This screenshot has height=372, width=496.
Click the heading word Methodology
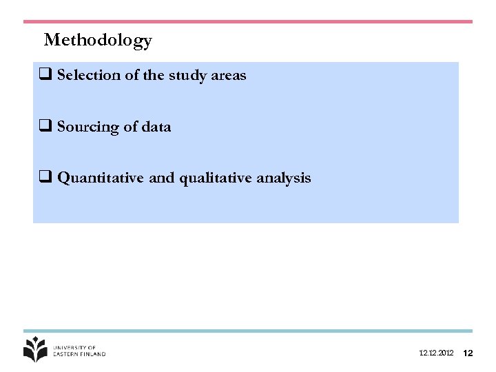[98, 41]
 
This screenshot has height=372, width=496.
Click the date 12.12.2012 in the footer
[436, 353]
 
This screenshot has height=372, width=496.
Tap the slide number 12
[468, 353]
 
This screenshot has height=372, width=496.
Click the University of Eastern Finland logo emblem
[36, 349]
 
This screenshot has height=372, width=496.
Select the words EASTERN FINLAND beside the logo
[80, 354]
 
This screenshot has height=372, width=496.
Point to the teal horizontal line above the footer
[248, 331]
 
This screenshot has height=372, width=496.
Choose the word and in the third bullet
[161, 178]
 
